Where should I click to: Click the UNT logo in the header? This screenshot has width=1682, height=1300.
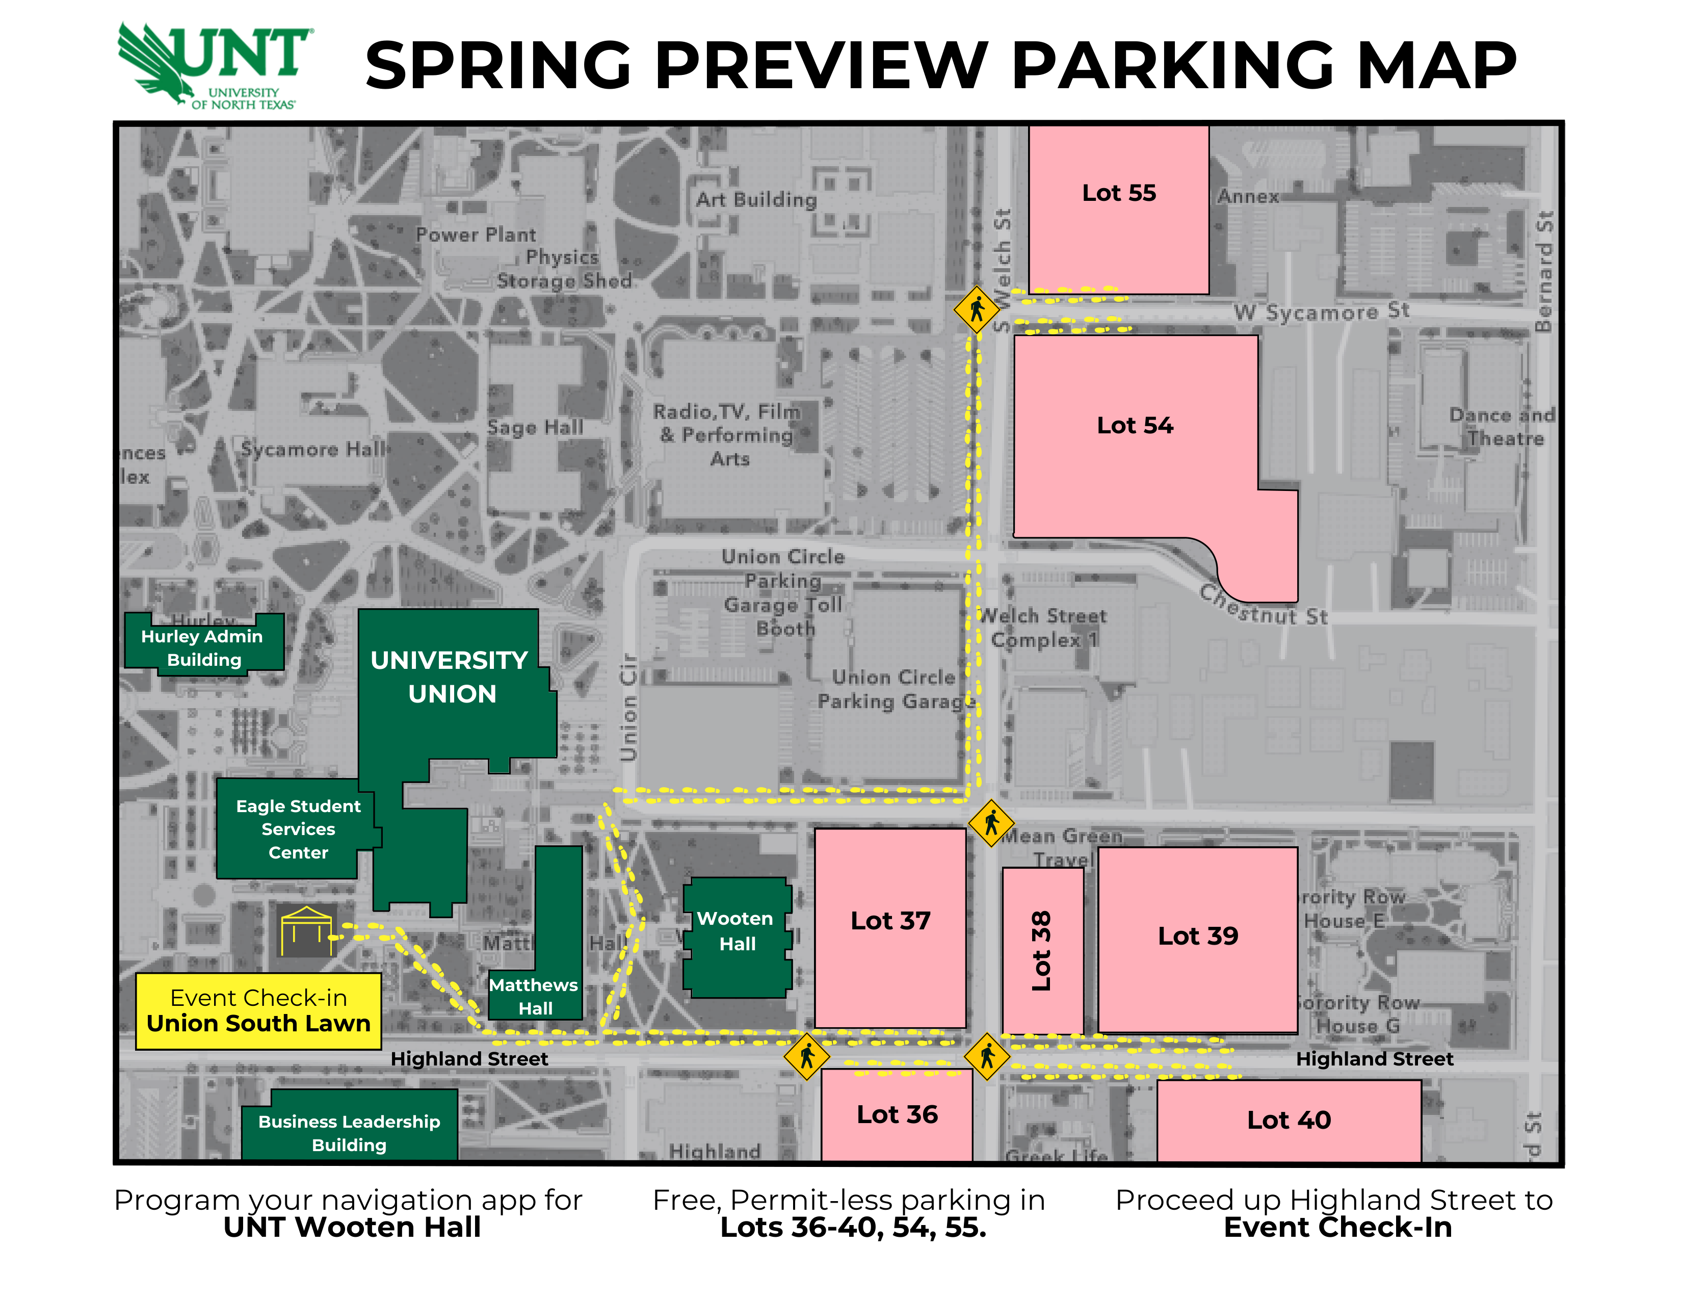click(x=214, y=65)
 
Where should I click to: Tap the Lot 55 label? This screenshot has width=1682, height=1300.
click(x=1118, y=193)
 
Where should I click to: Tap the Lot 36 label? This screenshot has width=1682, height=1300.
click(x=897, y=1114)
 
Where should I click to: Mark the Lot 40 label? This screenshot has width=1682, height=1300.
click(x=1289, y=1120)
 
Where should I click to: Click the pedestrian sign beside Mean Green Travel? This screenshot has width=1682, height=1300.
click(x=991, y=823)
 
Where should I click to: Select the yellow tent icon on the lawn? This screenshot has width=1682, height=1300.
click(x=306, y=930)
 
